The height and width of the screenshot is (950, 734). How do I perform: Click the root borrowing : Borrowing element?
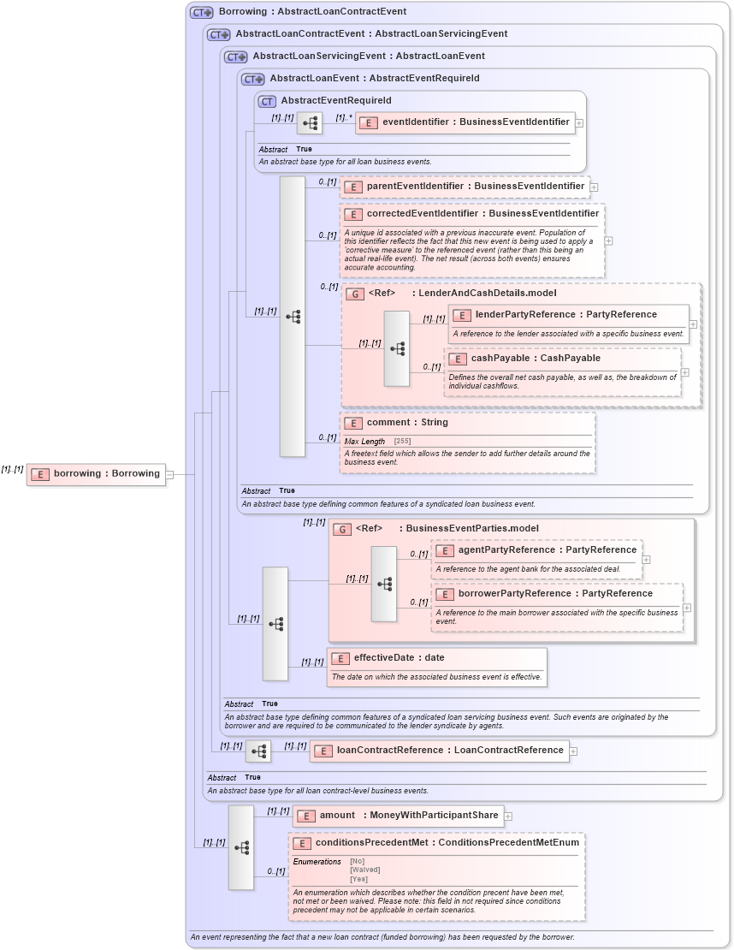96,474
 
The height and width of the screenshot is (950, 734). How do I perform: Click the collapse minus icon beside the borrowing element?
170,474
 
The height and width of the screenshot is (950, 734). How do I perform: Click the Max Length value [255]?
402,441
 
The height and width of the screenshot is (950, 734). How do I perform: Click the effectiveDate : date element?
399,658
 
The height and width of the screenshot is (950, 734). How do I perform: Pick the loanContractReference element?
438,751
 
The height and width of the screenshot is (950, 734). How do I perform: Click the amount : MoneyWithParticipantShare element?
397,816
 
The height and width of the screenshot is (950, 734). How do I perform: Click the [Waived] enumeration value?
365,870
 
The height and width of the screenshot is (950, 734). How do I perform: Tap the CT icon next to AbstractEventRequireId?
267,101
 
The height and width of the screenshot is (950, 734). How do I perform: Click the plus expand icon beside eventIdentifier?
579,123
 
